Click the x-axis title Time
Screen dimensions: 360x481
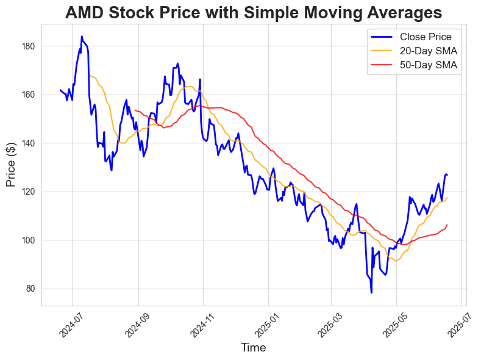pyautogui.click(x=254, y=348)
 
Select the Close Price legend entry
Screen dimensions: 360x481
pyautogui.click(x=425, y=37)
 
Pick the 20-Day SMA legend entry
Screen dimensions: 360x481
pyautogui.click(x=425, y=51)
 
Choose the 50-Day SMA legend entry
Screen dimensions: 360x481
pyautogui.click(x=425, y=65)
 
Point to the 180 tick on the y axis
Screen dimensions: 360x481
pyautogui.click(x=28, y=46)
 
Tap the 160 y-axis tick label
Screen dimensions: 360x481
pyautogui.click(x=28, y=95)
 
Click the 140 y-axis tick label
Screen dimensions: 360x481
pyautogui.click(x=28, y=143)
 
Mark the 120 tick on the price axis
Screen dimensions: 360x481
pyautogui.click(x=28, y=192)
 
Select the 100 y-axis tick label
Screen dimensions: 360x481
pyautogui.click(x=28, y=240)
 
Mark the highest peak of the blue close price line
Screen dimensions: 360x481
pyautogui.click(x=82, y=37)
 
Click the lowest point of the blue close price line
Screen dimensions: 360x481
pyautogui.click(x=371, y=292)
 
